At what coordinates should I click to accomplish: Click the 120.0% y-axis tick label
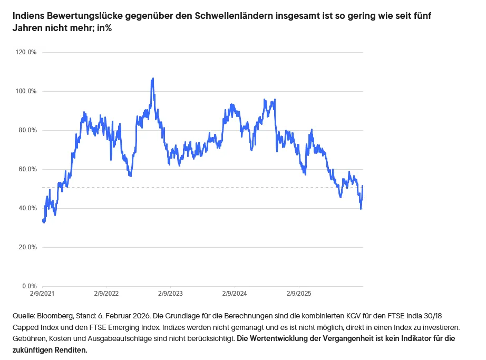(x=26, y=52)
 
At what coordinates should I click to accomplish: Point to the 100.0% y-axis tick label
(x=26, y=91)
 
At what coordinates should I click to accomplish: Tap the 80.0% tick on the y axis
(x=27, y=130)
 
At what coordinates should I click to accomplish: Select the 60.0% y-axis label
(x=27, y=169)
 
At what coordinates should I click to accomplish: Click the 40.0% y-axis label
(x=27, y=208)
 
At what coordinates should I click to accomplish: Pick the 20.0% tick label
(x=27, y=247)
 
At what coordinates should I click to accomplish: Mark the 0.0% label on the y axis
(x=29, y=286)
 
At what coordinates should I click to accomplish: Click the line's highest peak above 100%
(x=153, y=79)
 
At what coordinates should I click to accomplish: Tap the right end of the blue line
(x=363, y=186)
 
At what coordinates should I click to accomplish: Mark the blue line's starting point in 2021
(x=42, y=220)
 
